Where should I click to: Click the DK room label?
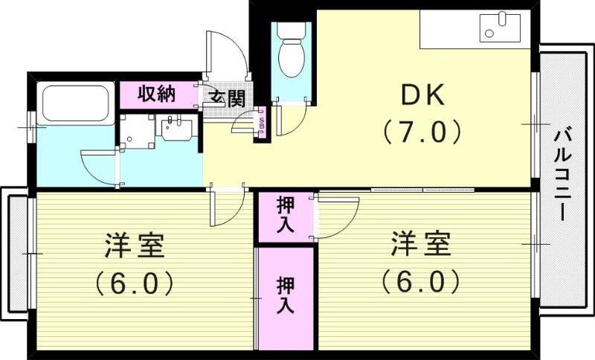coord(422,95)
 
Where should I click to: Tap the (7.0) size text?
coord(422,132)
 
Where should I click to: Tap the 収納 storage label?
coord(156,94)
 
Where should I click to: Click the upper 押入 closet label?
coord(286,216)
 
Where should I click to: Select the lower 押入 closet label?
coord(286,295)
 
